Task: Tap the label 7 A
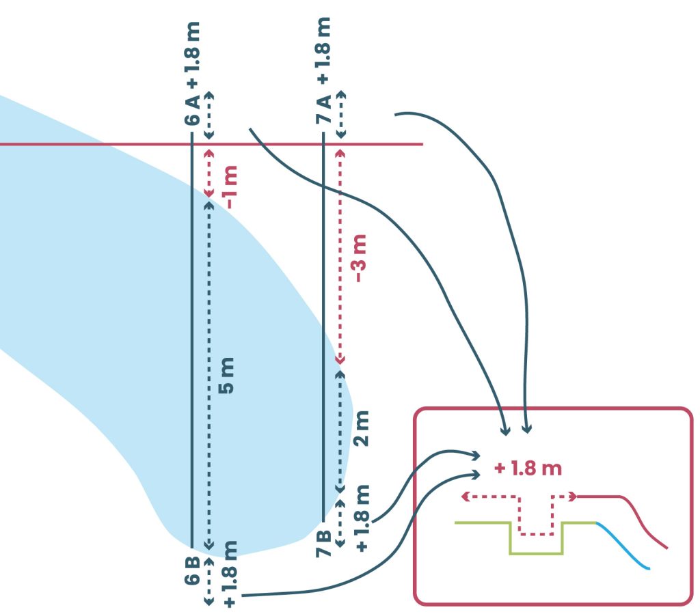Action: coord(323,110)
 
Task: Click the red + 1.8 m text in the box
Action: coord(527,469)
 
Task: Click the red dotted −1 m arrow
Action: coord(208,173)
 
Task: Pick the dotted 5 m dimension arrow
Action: coord(208,376)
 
